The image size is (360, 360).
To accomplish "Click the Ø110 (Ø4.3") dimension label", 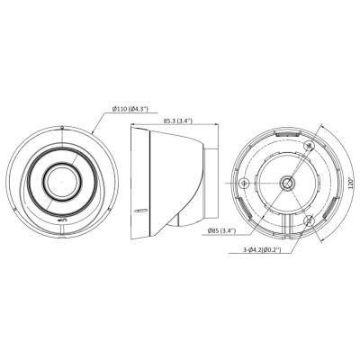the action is tap(130, 109).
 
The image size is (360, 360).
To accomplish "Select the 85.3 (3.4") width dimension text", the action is tap(177, 121).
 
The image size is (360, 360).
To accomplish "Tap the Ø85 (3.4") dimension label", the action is tap(222, 230).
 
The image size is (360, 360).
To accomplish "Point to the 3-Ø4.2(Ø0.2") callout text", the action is tap(262, 249).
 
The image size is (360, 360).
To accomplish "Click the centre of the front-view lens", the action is tap(62, 182).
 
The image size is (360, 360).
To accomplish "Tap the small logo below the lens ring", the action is tap(62, 220).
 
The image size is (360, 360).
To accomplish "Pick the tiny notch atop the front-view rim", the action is tap(62, 128).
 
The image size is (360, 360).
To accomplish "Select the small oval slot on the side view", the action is tap(140, 211).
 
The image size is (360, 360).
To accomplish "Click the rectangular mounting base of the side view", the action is tap(211, 183).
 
